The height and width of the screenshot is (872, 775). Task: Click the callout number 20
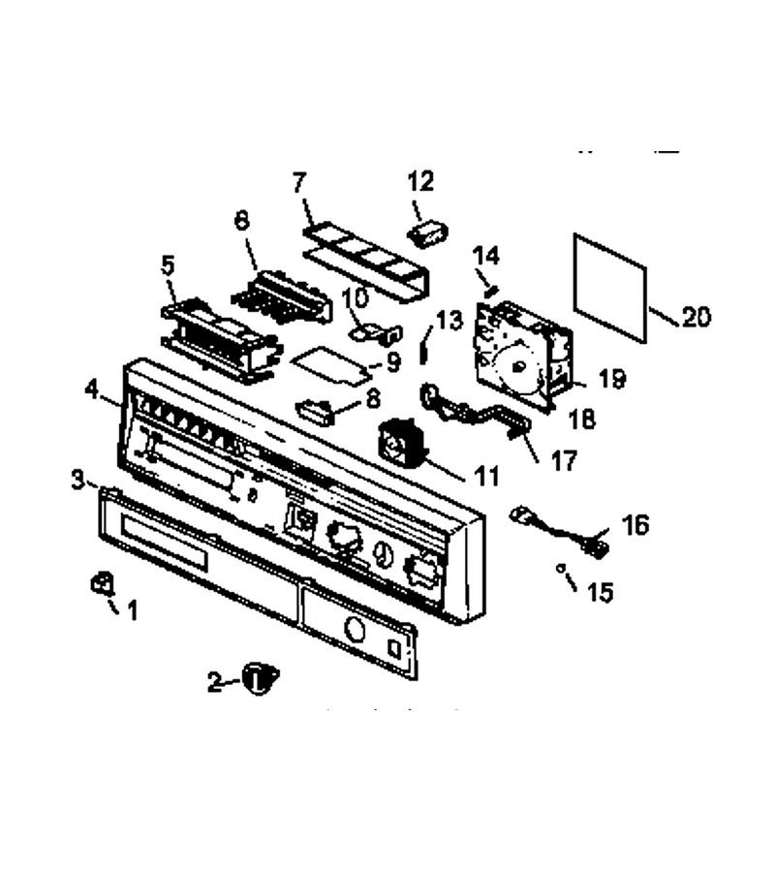click(697, 317)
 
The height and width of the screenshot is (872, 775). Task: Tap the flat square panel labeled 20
click(610, 288)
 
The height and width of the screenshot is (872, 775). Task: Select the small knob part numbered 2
click(260, 677)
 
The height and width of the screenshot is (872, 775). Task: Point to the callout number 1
click(132, 611)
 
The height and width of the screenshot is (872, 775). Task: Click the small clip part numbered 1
click(101, 584)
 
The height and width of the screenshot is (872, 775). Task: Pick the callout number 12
click(420, 181)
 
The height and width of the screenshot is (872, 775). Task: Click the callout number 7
click(299, 182)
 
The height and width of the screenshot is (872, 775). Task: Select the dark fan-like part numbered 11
click(402, 442)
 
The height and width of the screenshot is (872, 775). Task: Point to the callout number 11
click(486, 476)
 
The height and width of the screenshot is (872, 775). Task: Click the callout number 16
click(635, 524)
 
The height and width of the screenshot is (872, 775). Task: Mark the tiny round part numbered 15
click(561, 568)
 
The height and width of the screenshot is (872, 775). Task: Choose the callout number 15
click(600, 593)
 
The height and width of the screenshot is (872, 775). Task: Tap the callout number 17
click(564, 461)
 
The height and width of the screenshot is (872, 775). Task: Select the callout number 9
click(392, 363)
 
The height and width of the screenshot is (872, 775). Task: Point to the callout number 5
click(168, 265)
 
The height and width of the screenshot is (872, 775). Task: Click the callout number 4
click(92, 389)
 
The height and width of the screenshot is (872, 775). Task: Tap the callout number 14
click(486, 257)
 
